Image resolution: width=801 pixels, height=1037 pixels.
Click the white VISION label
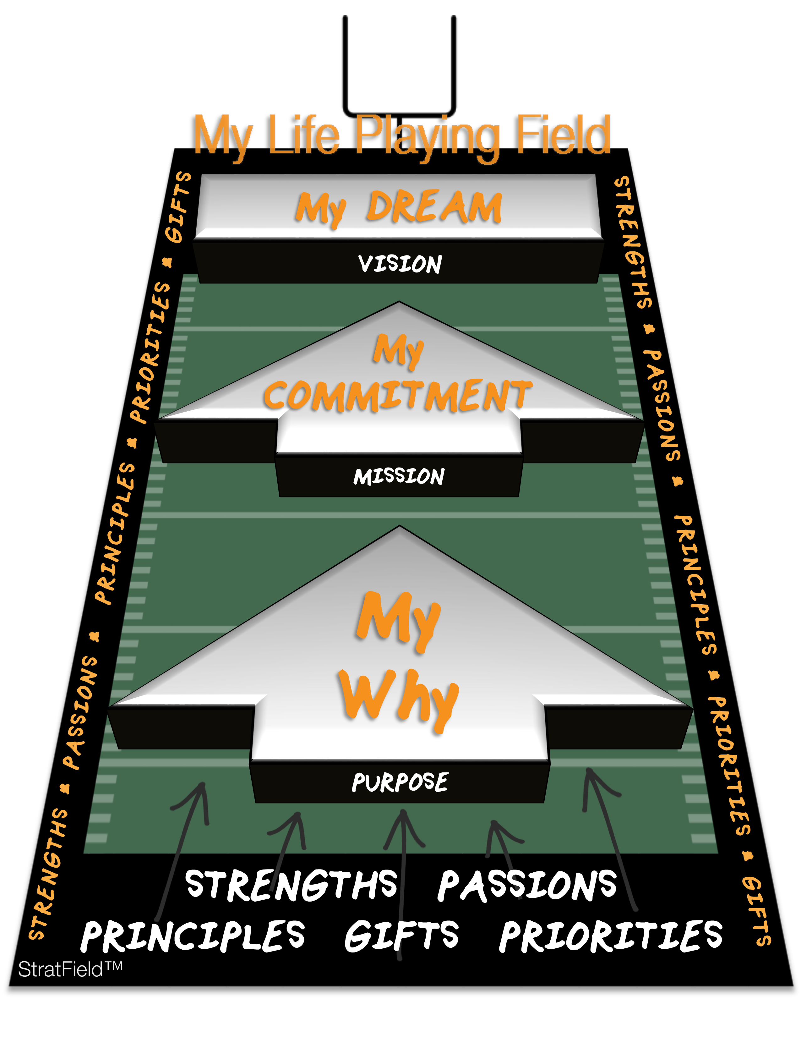[x=400, y=264]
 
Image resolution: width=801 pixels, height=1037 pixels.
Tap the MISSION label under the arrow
[x=399, y=476]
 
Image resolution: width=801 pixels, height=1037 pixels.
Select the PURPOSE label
[x=400, y=782]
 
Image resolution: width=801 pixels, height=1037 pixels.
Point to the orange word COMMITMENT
[x=398, y=396]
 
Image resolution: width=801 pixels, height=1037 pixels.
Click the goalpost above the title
[x=399, y=67]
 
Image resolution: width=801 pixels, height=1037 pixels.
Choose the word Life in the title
[x=304, y=135]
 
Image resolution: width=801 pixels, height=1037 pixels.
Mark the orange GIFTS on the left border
[x=178, y=207]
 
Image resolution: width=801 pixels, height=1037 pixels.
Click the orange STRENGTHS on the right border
[x=633, y=242]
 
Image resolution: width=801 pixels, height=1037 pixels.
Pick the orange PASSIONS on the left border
[x=80, y=712]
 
